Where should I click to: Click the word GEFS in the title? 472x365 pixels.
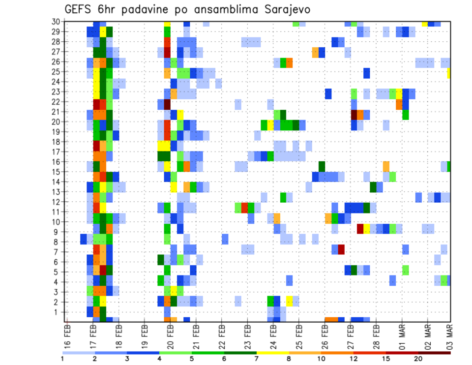click(x=79, y=9)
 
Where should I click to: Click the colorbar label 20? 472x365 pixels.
click(x=418, y=359)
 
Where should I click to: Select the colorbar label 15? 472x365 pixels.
click(x=386, y=359)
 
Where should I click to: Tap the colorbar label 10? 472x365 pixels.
click(x=322, y=359)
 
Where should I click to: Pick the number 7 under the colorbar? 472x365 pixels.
click(x=257, y=359)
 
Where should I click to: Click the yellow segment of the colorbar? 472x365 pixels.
click(x=273, y=353)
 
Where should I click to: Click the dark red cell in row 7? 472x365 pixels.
click(x=341, y=249)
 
